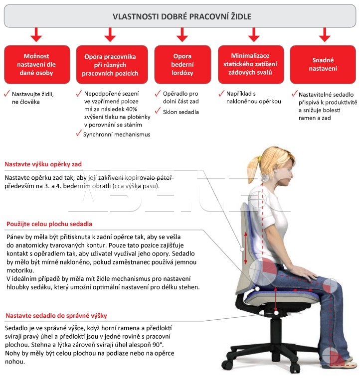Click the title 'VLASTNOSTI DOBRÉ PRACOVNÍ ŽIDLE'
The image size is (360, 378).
[x=182, y=16]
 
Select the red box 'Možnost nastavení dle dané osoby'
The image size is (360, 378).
[x=37, y=64]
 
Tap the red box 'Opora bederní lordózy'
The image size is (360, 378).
[x=182, y=64]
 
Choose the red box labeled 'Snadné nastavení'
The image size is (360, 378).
[x=323, y=64]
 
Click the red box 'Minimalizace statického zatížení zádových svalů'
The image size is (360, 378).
[x=251, y=64]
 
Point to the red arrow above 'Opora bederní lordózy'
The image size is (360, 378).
[x=182, y=34]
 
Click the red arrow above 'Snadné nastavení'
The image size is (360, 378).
[x=325, y=34]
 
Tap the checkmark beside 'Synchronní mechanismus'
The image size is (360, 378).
[x=79, y=133]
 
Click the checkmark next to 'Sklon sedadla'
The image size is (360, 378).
[x=158, y=111]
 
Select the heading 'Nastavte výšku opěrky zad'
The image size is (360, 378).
[x=43, y=164]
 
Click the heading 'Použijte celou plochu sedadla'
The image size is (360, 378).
[x=49, y=224]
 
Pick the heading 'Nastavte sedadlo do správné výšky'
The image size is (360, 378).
[x=56, y=316]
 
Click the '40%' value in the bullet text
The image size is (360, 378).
[x=131, y=109]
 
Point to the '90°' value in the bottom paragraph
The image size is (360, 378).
[x=158, y=345]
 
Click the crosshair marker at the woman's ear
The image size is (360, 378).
[x=265, y=178]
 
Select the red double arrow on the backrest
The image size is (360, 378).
[x=246, y=248]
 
